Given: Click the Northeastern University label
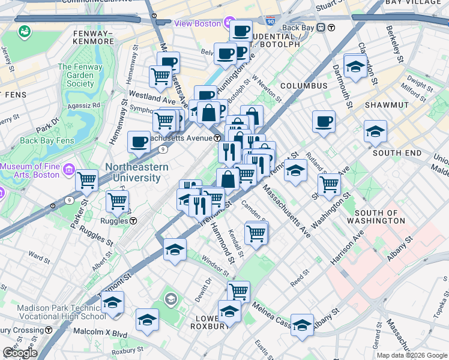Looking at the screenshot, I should (133, 172).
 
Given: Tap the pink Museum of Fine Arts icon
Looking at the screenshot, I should (70, 171).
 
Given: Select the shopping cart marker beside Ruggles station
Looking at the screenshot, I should (117, 201).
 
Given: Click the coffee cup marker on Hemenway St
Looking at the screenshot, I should (139, 143).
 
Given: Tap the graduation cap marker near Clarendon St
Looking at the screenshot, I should (355, 66).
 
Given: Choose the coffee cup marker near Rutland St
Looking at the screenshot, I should (324, 122).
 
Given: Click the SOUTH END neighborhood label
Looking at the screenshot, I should (397, 153).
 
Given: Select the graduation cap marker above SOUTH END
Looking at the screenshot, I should (375, 131).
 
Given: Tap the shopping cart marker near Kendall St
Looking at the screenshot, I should (256, 232).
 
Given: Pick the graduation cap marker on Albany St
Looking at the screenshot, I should (302, 325).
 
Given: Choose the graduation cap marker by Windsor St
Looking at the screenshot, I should (175, 250).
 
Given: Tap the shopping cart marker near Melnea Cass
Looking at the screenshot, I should (238, 292).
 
